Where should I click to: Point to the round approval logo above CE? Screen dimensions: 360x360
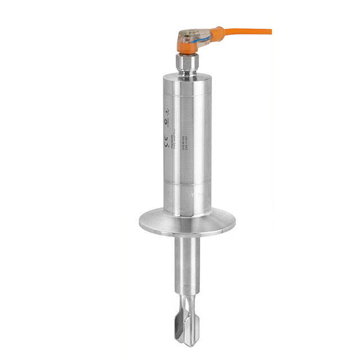[x=166, y=122]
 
